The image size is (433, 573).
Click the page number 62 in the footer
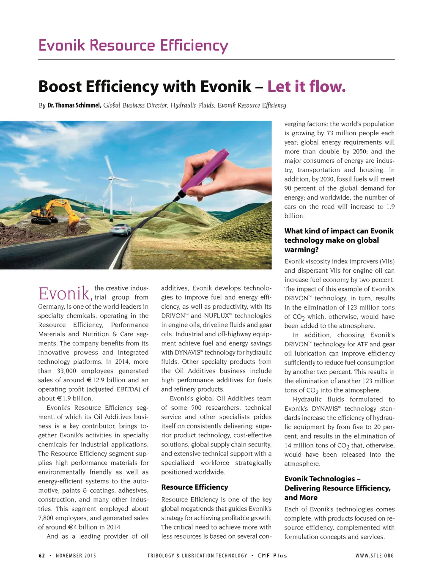coord(42,556)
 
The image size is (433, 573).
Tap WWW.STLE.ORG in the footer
coord(375,556)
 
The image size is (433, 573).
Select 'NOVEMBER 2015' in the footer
coord(76,556)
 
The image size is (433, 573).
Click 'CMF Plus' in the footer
coord(273,556)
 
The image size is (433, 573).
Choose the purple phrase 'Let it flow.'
coord(307,87)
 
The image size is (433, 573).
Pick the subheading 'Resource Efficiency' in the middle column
coord(195,487)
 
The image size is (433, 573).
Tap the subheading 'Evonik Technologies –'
coord(322,479)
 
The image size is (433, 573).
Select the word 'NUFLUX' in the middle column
coord(216,316)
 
